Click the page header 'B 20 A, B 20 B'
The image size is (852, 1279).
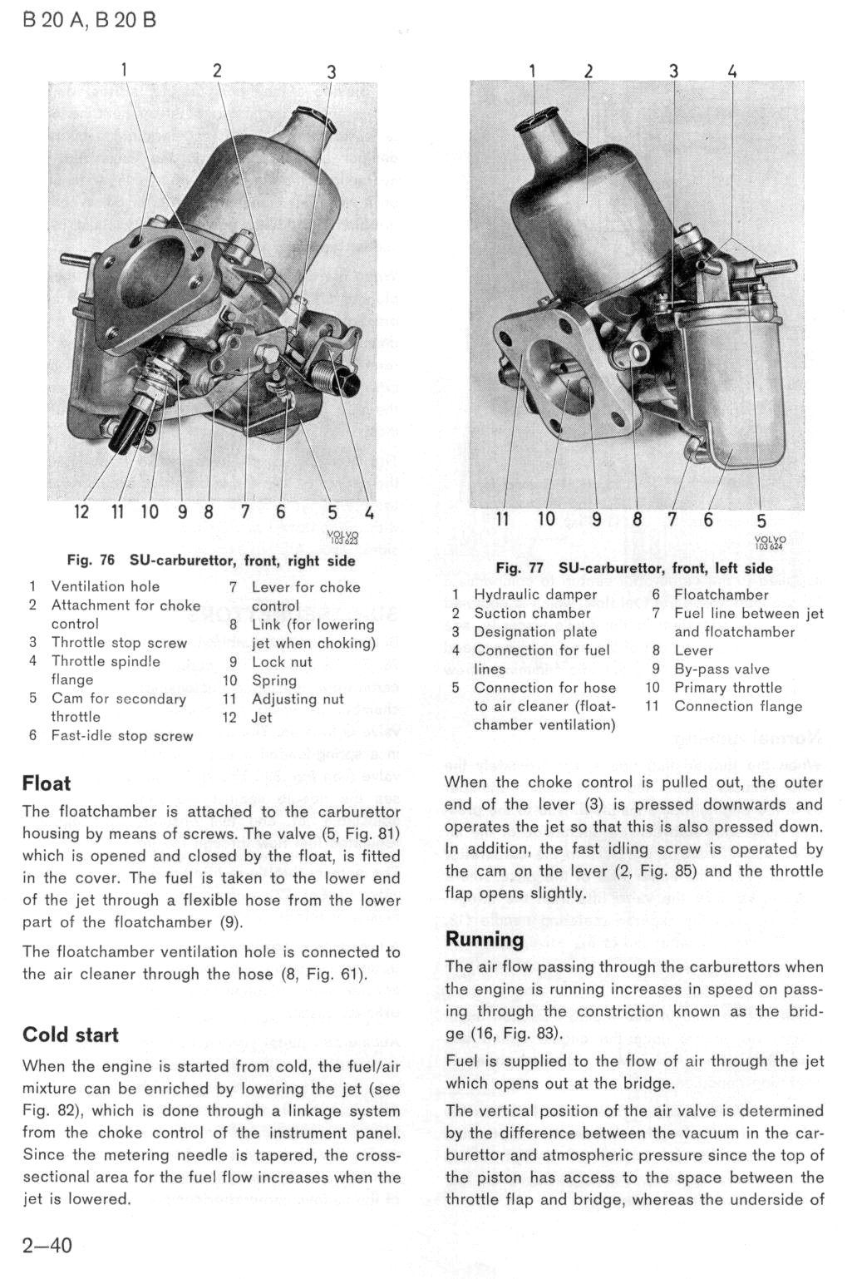tap(89, 21)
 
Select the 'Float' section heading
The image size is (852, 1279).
tap(47, 783)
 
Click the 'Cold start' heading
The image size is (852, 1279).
tap(71, 1035)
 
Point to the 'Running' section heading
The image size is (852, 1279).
tap(485, 939)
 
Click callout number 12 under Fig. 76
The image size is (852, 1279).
tap(81, 511)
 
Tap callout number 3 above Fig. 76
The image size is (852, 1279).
tap(332, 72)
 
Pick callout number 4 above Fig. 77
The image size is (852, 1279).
tap(733, 72)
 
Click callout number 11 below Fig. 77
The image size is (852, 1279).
tap(501, 519)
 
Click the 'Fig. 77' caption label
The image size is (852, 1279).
tap(520, 568)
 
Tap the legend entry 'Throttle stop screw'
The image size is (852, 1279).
tap(119, 643)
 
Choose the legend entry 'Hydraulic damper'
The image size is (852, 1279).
tap(535, 595)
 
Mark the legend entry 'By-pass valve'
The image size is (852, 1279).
tap(721, 669)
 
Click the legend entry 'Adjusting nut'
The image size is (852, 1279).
tap(298, 699)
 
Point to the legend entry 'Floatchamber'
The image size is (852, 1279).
tap(721, 595)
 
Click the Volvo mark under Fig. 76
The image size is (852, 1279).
tap(342, 536)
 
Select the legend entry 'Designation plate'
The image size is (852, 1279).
tap(535, 632)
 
